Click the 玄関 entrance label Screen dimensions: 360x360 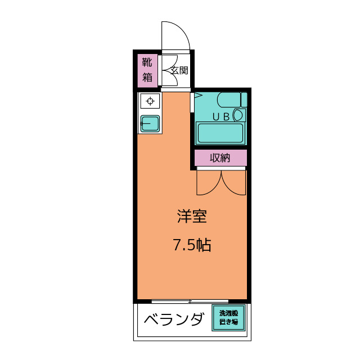click(x=179, y=71)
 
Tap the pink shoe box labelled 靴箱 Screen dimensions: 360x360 click(x=147, y=70)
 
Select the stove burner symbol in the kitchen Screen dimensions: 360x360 click(x=150, y=101)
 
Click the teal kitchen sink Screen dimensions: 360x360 click(x=150, y=123)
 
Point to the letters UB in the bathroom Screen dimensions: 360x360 click(x=220, y=116)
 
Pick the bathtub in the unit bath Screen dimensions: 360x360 click(x=220, y=133)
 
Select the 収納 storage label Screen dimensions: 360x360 click(x=220, y=158)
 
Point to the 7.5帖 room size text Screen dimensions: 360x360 click(x=192, y=245)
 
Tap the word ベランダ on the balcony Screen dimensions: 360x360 click(x=173, y=320)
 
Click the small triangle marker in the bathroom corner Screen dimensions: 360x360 click(x=197, y=96)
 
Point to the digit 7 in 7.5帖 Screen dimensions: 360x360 click(x=177, y=245)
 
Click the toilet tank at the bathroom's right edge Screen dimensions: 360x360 click(x=244, y=100)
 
